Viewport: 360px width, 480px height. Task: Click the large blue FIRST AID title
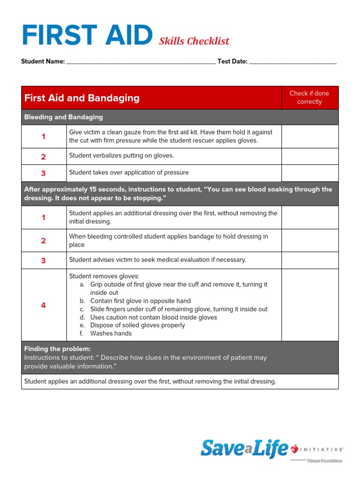point(87,36)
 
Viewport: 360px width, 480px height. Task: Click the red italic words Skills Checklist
point(194,41)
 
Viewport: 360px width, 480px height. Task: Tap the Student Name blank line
point(141,61)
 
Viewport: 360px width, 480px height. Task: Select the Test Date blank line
point(292,61)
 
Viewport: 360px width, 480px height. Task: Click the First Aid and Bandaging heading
point(82,98)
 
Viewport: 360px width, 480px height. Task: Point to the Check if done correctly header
point(309,97)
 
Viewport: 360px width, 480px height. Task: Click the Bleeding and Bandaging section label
point(64,117)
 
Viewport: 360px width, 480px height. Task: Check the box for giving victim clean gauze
point(309,136)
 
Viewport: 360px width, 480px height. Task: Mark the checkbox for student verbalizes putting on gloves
point(309,156)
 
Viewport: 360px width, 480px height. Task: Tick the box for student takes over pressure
point(309,173)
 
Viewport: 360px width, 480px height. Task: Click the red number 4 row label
point(44,305)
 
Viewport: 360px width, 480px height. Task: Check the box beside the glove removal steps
point(309,305)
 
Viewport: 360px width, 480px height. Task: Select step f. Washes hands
point(111,334)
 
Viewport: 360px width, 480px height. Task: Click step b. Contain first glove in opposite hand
point(140,301)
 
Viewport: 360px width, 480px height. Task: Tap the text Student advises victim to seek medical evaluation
point(157,260)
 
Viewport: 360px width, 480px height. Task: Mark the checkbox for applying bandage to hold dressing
point(309,240)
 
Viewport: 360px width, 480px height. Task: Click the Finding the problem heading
point(58,349)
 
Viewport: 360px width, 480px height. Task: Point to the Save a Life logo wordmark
point(244,449)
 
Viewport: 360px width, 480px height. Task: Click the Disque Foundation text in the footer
point(324,461)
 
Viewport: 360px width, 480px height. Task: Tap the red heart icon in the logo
point(295,450)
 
